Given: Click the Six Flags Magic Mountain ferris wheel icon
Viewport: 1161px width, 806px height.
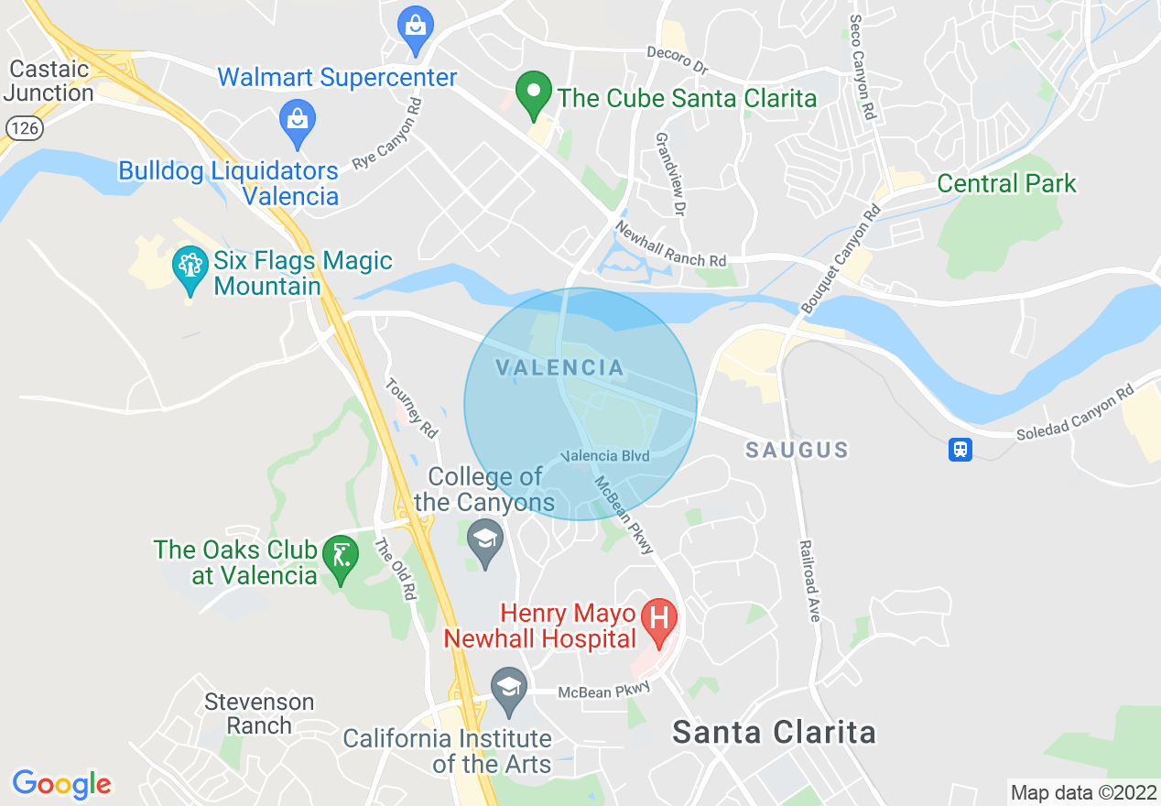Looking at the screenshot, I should coord(190,268).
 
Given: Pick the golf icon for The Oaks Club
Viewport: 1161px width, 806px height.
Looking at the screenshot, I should coord(341,558).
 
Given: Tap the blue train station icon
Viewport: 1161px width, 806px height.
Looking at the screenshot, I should coord(960,449).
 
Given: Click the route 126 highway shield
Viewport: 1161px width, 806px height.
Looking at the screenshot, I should coord(25,128).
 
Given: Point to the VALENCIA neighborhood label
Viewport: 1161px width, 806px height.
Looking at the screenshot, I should coord(560,368).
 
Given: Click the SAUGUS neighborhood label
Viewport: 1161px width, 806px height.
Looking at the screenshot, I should coord(797,450).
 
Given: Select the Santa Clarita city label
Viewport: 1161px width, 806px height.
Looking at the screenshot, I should coord(774,733).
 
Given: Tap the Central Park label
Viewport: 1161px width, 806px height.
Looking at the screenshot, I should coord(1006,183).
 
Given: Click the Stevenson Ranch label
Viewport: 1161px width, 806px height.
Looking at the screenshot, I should coord(259,713).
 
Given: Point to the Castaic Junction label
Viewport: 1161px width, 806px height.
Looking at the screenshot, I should coord(50,81).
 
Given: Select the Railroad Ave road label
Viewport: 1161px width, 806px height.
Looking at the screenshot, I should coord(809,581).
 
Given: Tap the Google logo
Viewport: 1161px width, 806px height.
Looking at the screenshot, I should coord(61,784).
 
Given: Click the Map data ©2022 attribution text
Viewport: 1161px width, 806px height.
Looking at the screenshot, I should coord(1082,791).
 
